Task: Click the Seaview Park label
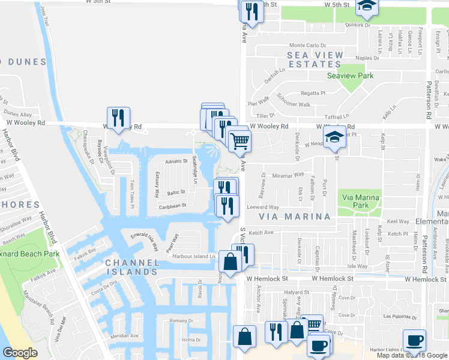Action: coord(350,76)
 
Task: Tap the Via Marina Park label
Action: coord(360,201)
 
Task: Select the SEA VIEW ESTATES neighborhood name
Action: coord(315,60)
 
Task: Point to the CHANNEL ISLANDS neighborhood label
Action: coord(132,267)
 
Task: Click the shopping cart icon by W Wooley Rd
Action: coord(240,142)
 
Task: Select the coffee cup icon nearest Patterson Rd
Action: coord(414,341)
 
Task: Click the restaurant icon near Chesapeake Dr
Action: coord(116,118)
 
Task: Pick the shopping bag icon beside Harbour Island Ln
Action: coord(231,261)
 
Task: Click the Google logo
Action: coord(20,353)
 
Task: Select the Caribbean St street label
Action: coord(173,205)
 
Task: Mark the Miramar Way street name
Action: coord(286,175)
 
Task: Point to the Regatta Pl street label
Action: coord(313,93)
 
